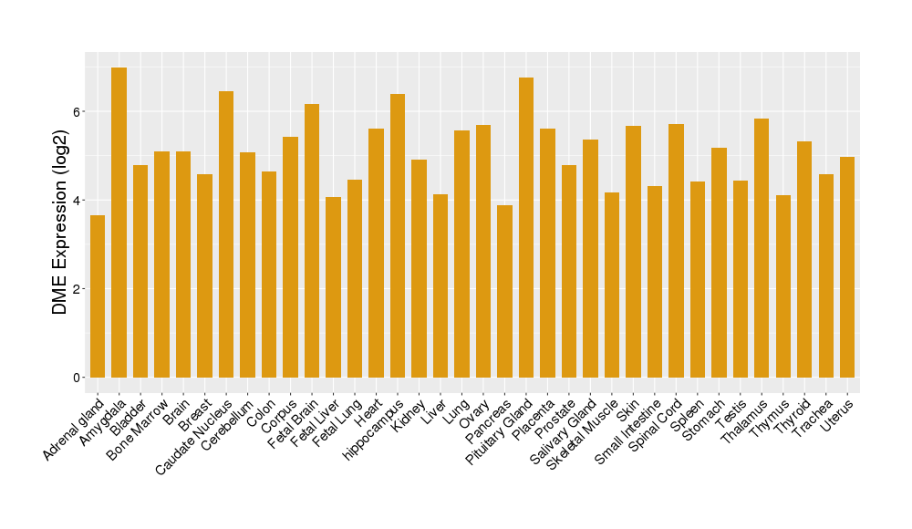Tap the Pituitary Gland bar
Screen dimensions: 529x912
[526, 228]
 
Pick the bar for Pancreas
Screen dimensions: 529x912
[504, 292]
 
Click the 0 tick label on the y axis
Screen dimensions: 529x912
[78, 378]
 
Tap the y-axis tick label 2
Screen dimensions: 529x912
[78, 289]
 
